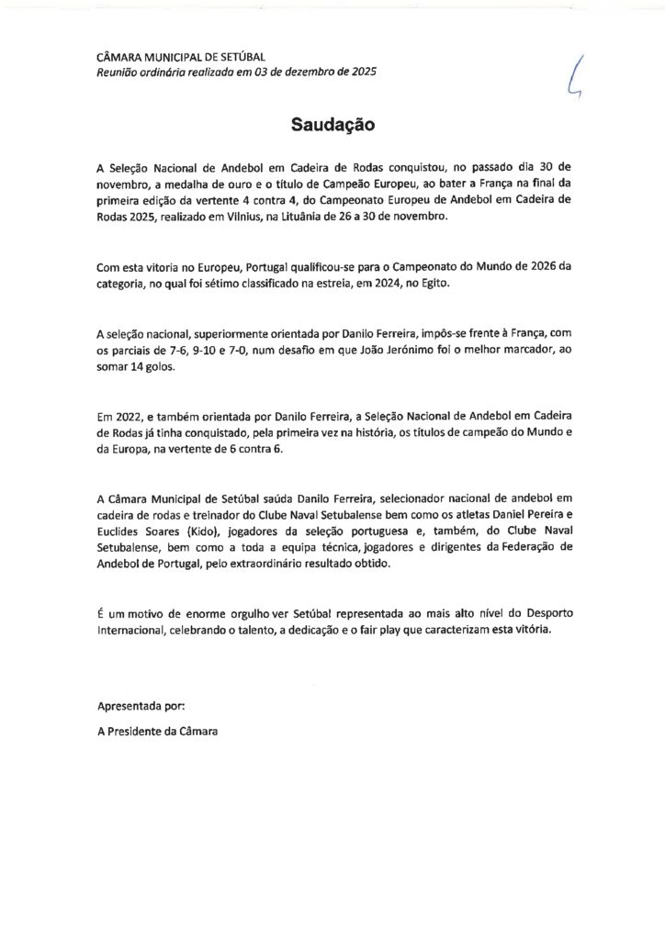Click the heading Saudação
pyautogui.click(x=332, y=124)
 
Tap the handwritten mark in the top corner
pyautogui.click(x=576, y=74)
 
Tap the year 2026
pyautogui.click(x=533, y=267)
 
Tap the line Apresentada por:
pyautogui.click(x=141, y=706)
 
